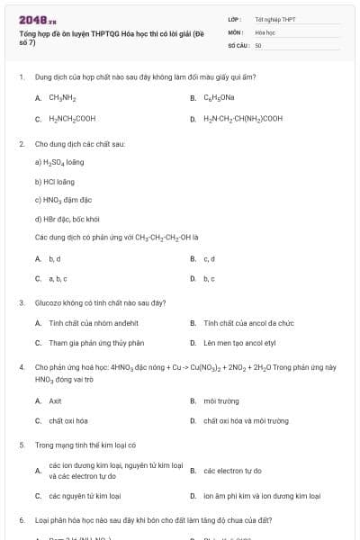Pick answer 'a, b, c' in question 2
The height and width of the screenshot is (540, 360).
pos(58,278)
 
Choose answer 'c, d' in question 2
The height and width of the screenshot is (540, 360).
pos(209,258)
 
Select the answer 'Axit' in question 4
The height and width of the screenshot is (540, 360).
pos(55,400)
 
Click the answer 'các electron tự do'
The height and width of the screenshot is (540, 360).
pos(232,471)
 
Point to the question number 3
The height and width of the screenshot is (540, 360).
pos(21,303)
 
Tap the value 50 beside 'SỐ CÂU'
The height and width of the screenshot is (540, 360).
pos(258,44)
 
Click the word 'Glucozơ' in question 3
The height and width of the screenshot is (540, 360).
pos(49,303)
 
